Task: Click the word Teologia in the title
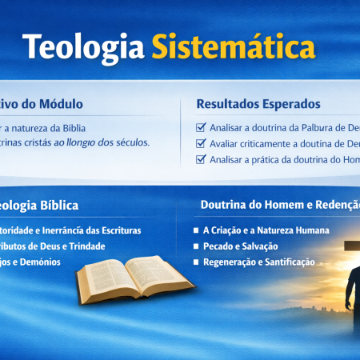coord(80,48)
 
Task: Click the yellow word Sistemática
coord(231,48)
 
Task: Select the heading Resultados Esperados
coord(258,104)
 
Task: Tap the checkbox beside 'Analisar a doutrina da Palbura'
coord(201,127)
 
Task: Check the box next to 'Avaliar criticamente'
coord(201,143)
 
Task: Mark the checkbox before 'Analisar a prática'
coord(201,159)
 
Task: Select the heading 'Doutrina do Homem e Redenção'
coord(276,205)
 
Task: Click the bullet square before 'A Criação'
coord(197,230)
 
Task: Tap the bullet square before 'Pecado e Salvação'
coord(197,246)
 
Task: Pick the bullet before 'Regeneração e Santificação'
coord(197,262)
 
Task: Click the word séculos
coord(129,142)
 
